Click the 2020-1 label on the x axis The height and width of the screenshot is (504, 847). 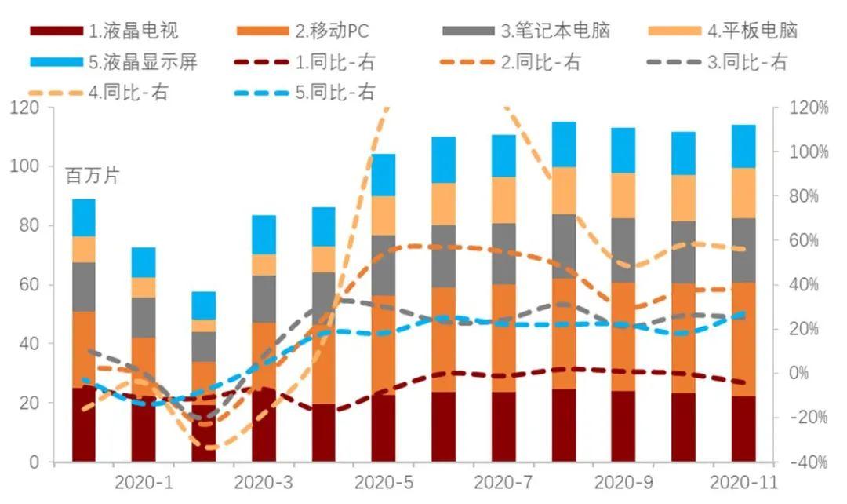pyautogui.click(x=143, y=480)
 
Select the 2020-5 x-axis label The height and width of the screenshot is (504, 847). pyautogui.click(x=384, y=480)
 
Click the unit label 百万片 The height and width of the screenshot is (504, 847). pyautogui.click(x=91, y=175)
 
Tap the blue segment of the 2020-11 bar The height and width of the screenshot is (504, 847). pyautogui.click(x=743, y=146)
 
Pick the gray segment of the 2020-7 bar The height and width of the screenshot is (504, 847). pyautogui.click(x=503, y=253)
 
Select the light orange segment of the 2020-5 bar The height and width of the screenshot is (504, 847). pyautogui.click(x=384, y=215)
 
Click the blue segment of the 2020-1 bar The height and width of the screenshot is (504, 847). pyautogui.click(x=143, y=262)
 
